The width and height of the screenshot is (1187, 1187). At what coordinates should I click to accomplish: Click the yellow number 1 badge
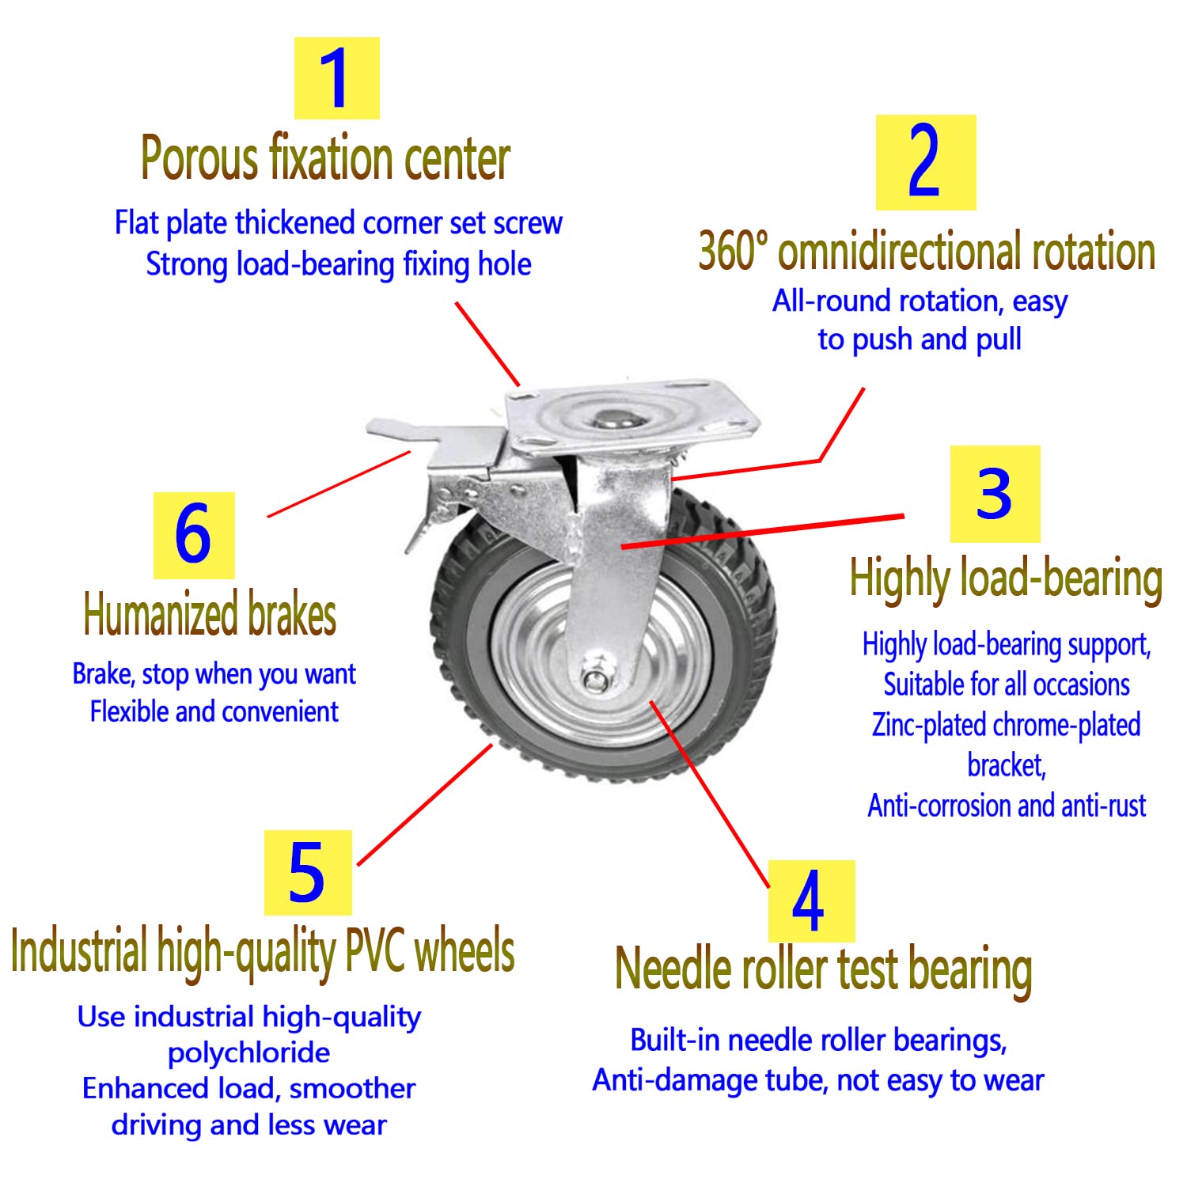[x=336, y=78]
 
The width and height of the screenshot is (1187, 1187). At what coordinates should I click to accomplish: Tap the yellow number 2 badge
[x=925, y=162]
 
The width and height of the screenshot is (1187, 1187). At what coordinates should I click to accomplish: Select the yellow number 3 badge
[x=995, y=494]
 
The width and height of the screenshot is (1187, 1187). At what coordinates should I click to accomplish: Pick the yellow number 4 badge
[x=811, y=901]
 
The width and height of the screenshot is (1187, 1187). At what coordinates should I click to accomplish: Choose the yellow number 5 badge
[x=308, y=873]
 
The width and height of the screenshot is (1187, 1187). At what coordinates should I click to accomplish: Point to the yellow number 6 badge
[x=194, y=535]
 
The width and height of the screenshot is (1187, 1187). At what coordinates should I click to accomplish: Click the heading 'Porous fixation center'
[x=325, y=158]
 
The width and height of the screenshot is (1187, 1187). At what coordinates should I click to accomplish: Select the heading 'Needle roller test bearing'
[x=824, y=970]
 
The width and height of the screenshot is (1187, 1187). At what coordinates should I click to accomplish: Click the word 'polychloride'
[x=248, y=1053]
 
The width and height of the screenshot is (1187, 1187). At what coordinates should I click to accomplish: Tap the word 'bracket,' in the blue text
[x=1007, y=766]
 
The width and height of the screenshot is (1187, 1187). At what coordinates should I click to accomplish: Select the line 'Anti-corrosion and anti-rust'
[x=1007, y=806]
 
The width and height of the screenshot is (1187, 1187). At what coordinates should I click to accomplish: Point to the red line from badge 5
[x=425, y=804]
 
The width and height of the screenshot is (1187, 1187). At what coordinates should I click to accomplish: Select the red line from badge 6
[x=339, y=484]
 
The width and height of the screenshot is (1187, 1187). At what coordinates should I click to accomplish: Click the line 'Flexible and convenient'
[x=214, y=711]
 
